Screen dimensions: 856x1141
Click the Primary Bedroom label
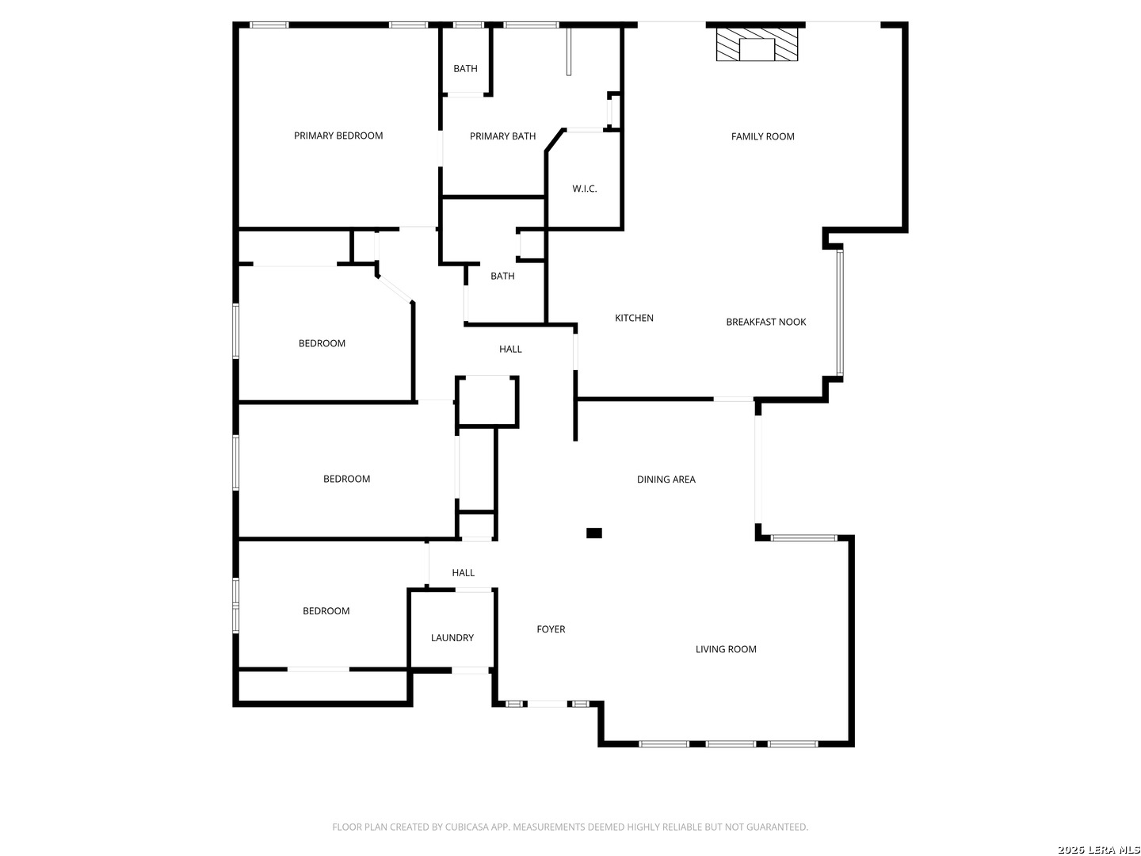pos(338,136)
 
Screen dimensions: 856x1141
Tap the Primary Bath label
pos(502,136)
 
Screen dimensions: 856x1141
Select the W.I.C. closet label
pos(585,189)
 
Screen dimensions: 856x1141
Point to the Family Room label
pos(762,136)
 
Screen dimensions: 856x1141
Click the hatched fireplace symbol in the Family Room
pos(757,45)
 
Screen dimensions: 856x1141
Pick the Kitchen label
pos(634,318)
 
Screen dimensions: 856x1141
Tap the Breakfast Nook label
pos(765,322)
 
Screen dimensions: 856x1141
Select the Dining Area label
pos(666,480)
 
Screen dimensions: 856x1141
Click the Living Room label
pos(726,649)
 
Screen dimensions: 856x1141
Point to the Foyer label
pos(551,629)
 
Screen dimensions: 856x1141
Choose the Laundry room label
pos(452,638)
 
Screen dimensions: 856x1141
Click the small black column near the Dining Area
pos(593,533)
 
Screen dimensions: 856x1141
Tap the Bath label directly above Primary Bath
pos(465,69)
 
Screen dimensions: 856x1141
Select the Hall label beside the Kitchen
pos(510,349)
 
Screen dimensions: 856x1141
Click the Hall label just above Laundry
pos(464,573)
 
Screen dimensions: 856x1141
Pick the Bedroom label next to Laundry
pos(326,611)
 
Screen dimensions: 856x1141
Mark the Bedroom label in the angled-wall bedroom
pos(322,343)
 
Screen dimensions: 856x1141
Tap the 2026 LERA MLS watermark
pos(1098,850)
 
